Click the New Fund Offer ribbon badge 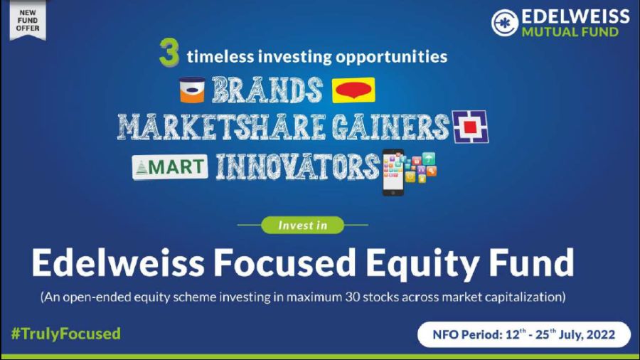click(x=27, y=21)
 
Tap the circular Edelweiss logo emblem click(x=505, y=23)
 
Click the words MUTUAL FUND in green click(x=570, y=32)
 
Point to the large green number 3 click(x=169, y=52)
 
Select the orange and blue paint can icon click(x=192, y=90)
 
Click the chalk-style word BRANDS click(x=267, y=90)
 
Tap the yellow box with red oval click(x=353, y=90)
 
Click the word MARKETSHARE click(x=222, y=127)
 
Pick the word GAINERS click(x=390, y=127)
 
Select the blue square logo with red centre click(x=470, y=127)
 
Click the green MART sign click(x=170, y=167)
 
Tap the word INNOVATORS click(x=297, y=166)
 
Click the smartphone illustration click(x=393, y=172)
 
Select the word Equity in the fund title click(x=422, y=265)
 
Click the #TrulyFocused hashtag click(x=66, y=334)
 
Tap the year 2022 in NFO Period click(x=601, y=335)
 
